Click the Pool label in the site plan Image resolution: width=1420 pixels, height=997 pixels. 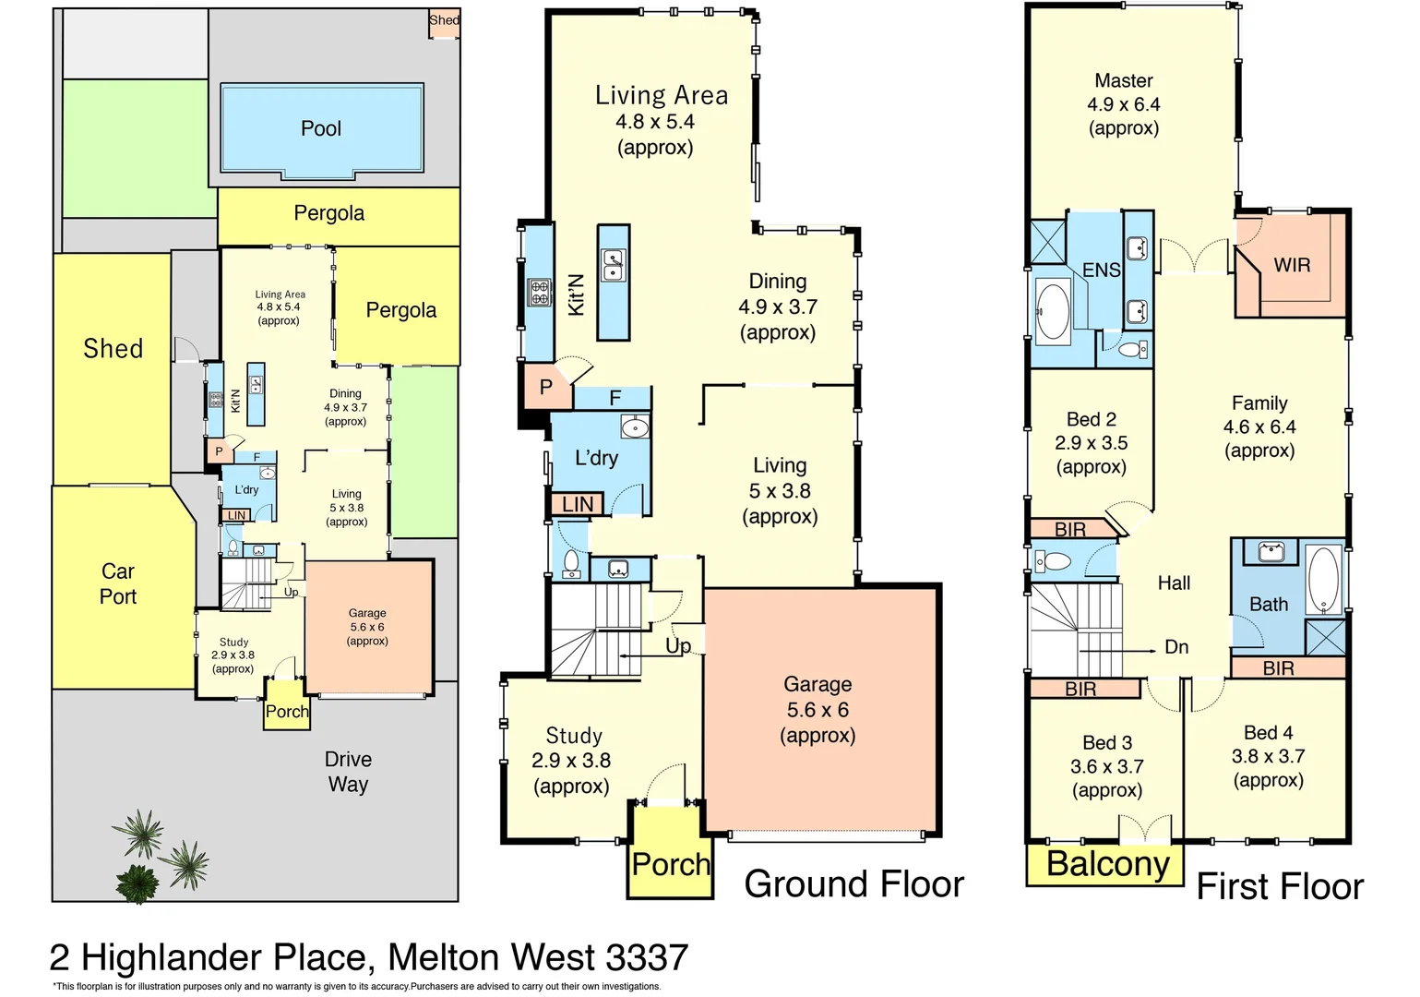pyautogui.click(x=321, y=128)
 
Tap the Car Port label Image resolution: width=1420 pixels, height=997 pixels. pyautogui.click(x=118, y=583)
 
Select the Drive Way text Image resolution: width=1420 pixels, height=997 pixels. pyautogui.click(x=348, y=772)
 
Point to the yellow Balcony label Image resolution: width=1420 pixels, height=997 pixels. pyautogui.click(x=1107, y=865)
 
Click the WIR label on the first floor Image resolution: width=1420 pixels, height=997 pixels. pyautogui.click(x=1292, y=265)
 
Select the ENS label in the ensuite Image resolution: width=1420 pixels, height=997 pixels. pyautogui.click(x=1101, y=270)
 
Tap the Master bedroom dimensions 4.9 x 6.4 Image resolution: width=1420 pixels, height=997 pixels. pyautogui.click(x=1123, y=104)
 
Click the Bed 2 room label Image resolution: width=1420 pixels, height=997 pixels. pyautogui.click(x=1092, y=419)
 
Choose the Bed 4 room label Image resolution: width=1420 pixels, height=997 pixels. pyautogui.click(x=1268, y=733)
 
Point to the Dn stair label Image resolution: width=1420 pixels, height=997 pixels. pyautogui.click(x=1176, y=647)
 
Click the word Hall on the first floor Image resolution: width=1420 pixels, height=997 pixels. pyautogui.click(x=1174, y=583)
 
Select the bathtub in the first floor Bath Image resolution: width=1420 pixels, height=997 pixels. pyautogui.click(x=1324, y=580)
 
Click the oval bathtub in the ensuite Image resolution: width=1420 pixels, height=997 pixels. pyautogui.click(x=1052, y=310)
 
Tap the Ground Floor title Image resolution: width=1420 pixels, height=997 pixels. pyautogui.click(x=853, y=884)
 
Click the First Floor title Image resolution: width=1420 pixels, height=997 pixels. pyautogui.click(x=1280, y=887)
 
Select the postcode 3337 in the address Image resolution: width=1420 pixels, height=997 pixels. pyautogui.click(x=647, y=958)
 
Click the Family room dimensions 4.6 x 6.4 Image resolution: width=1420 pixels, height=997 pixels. pyautogui.click(x=1259, y=427)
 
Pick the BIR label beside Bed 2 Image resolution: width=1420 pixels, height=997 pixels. pyautogui.click(x=1069, y=530)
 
